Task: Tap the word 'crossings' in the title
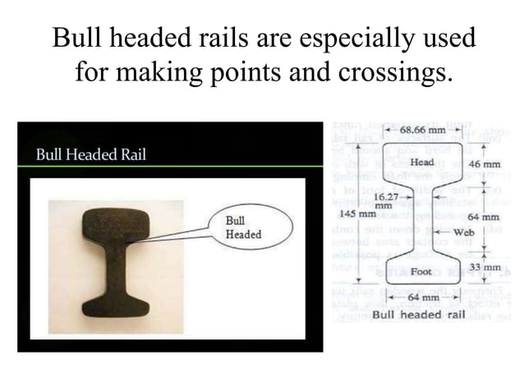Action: coord(393,74)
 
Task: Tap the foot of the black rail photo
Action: coord(116,305)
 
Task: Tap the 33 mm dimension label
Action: coord(485,267)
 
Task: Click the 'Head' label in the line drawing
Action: coord(421,162)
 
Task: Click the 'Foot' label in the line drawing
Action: coord(421,271)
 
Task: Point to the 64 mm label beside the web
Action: coord(484,217)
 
